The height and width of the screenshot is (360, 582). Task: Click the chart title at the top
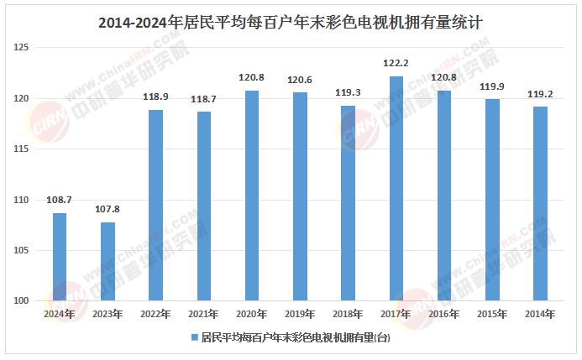(291, 23)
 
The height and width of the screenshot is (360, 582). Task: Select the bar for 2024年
(60, 257)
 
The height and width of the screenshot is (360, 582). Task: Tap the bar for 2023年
(107, 261)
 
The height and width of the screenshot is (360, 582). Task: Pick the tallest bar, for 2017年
(396, 188)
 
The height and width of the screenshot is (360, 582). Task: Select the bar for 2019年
(300, 196)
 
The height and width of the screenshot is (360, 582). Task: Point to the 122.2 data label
(396, 63)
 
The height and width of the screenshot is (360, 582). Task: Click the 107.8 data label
(107, 209)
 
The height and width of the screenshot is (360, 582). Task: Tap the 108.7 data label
(60, 200)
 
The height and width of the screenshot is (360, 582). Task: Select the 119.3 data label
(348, 92)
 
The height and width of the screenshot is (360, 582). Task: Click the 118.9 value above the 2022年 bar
(156, 97)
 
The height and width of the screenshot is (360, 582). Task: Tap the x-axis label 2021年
(204, 315)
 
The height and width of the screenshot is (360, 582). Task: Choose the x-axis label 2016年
(444, 315)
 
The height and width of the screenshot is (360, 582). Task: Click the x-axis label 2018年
(348, 315)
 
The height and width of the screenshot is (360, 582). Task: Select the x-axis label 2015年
(492, 315)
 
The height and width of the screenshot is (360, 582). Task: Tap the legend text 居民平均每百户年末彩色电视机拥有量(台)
(295, 338)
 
